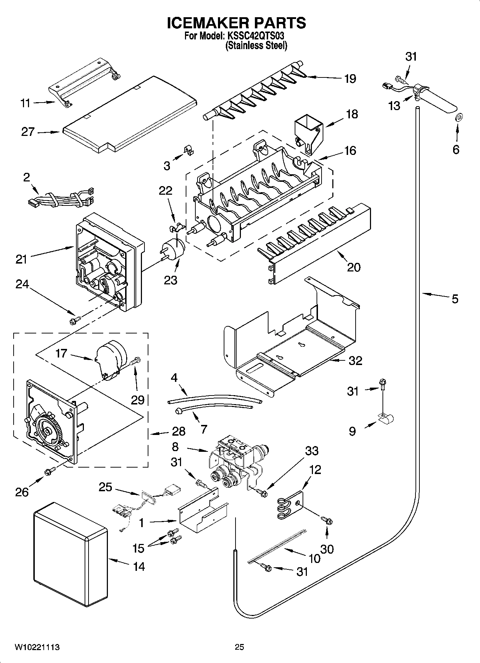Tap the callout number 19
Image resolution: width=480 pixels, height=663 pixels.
pos(350,79)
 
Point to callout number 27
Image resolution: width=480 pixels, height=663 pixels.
pos(28,132)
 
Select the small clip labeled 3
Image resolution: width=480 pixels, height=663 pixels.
pos(189,150)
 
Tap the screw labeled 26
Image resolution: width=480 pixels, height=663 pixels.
pos(49,471)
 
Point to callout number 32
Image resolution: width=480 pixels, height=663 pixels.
pos(355,360)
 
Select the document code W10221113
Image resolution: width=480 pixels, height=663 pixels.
pos(37,647)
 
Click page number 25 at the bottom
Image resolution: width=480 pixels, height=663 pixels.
pos(239,647)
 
